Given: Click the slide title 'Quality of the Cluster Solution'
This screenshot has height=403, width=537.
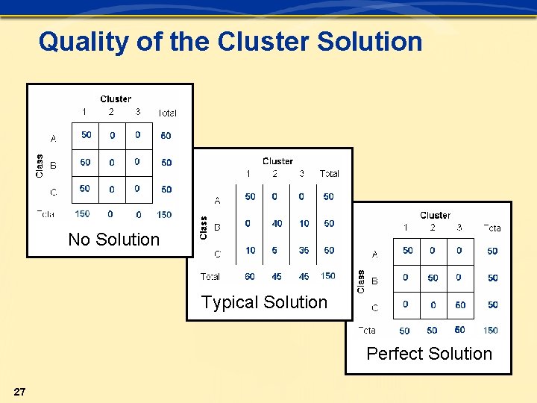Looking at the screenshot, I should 230,42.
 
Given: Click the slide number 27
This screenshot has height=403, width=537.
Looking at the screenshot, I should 20,392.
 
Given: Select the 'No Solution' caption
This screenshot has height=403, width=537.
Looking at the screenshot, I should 113,240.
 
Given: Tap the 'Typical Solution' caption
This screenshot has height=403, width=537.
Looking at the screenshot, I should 264,302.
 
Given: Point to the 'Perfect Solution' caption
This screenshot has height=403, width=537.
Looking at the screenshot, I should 429,354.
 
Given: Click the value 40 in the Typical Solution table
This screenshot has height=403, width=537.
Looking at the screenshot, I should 277,223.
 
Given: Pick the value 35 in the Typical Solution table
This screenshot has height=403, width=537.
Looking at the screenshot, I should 304,250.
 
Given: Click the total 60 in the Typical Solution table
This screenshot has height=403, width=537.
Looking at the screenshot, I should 250,276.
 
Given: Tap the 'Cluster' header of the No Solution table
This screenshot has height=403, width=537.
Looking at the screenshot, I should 116,99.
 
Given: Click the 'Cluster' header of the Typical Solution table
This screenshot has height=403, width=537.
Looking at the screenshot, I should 277,161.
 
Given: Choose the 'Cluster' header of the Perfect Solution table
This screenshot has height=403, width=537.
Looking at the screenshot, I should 435,216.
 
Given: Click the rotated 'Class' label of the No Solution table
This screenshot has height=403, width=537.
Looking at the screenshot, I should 40,165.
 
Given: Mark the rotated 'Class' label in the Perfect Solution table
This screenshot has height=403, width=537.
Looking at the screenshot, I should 361,281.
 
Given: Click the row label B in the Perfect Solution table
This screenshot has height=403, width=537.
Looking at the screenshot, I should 374,281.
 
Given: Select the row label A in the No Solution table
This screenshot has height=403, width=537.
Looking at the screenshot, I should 53,139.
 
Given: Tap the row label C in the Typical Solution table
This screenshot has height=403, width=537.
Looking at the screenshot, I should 217,254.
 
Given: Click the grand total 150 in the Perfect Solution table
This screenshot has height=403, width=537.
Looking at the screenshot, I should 490,330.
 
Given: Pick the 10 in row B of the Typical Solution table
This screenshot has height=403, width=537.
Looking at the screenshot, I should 304,223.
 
